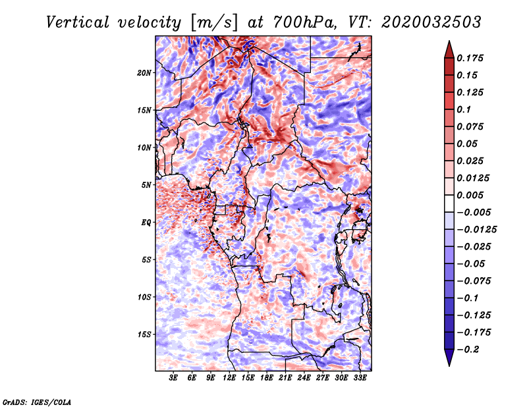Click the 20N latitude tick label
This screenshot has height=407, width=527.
(145, 72)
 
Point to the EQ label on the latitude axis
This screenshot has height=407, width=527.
(147, 223)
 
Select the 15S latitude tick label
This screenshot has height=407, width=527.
(145, 335)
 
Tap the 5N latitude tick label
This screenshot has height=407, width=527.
(147, 185)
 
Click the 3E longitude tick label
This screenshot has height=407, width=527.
(174, 377)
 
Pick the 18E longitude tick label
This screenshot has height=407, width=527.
(267, 377)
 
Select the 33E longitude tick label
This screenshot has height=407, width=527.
(359, 377)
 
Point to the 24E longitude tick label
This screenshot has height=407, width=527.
(304, 377)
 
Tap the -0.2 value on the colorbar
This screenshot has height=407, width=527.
(471, 350)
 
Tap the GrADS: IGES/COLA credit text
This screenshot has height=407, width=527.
(37, 401)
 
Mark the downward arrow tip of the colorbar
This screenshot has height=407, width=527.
(449, 364)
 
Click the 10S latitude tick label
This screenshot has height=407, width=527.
(145, 297)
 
